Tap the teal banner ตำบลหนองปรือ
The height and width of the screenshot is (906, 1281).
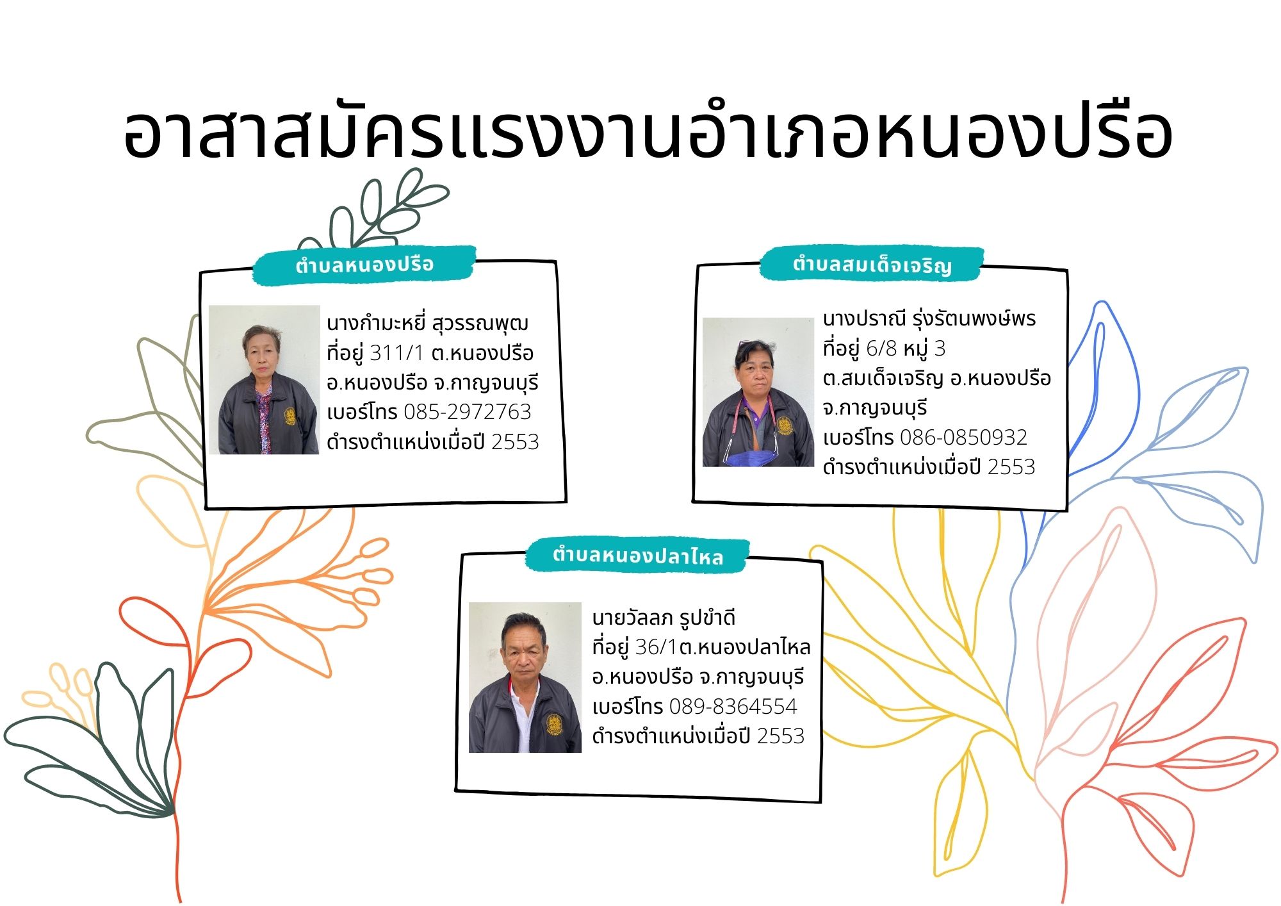[364, 265]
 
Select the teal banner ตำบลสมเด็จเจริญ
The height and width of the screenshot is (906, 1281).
[872, 264]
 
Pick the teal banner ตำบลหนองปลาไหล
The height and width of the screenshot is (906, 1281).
[637, 555]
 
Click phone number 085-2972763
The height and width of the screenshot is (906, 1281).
[468, 412]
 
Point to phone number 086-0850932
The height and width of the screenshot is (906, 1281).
[964, 438]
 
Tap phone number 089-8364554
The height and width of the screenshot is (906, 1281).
[733, 707]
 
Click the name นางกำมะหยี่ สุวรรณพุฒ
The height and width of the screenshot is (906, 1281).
[427, 324]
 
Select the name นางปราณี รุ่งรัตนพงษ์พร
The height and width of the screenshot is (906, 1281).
[929, 318]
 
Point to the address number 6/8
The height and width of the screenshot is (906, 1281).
[881, 349]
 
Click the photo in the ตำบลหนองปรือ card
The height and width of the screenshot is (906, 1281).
[265, 379]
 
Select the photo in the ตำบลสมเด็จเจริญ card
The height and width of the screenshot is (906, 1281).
[758, 392]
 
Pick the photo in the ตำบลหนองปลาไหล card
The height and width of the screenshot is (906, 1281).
[525, 677]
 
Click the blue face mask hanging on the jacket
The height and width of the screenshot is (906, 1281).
[751, 457]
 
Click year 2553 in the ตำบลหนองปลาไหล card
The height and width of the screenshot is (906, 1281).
[781, 736]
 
